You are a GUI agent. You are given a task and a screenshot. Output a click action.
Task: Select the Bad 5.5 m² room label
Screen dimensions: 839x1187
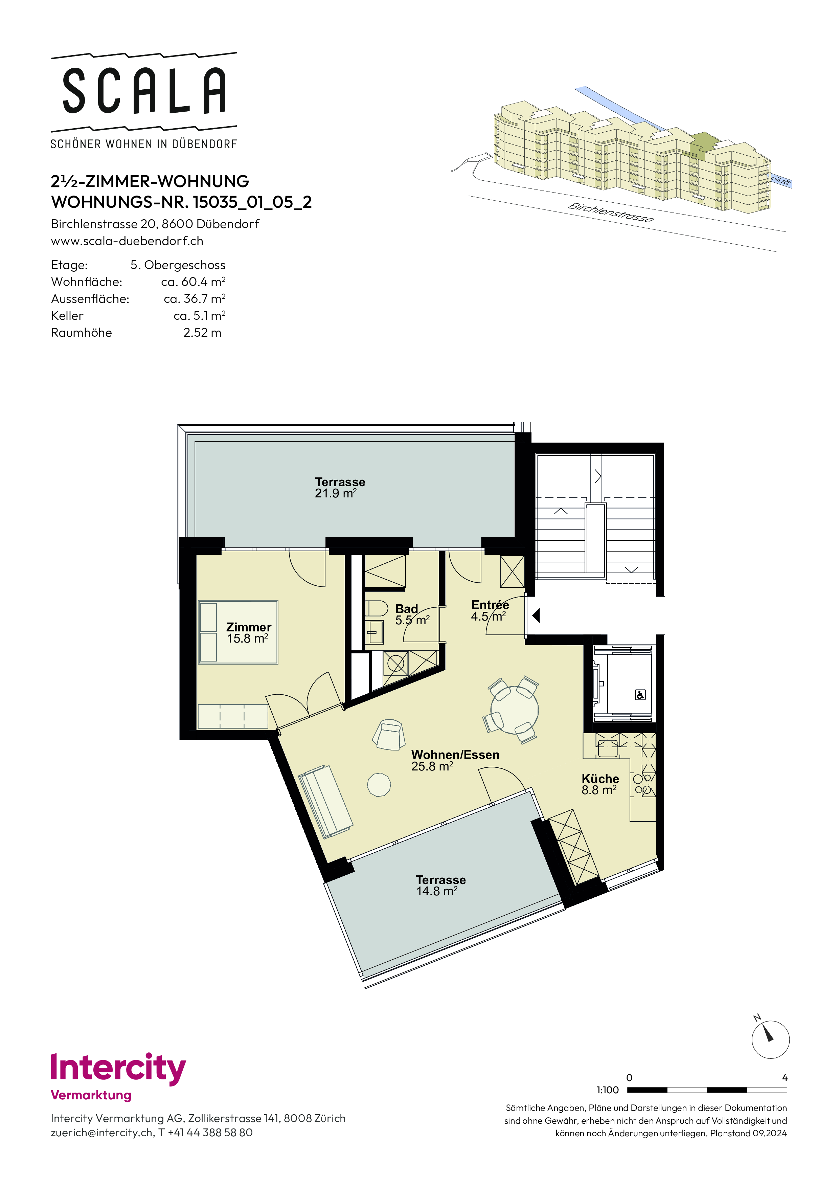412,615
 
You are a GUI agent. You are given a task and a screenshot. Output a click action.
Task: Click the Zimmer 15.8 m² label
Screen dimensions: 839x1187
249,633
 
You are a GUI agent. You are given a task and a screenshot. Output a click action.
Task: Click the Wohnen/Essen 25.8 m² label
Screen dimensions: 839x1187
455,761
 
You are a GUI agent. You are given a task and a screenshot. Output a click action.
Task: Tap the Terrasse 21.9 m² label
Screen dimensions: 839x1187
340,488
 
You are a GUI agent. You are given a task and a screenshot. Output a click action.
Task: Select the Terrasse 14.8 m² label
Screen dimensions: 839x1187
441,886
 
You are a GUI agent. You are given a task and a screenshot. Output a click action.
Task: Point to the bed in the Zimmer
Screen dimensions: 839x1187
238,632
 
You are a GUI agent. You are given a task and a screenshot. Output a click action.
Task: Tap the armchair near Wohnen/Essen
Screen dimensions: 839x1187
390,735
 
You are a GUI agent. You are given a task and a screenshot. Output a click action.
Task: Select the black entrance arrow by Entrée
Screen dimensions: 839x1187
537,615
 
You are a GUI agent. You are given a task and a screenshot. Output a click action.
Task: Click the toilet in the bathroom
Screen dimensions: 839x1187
376,608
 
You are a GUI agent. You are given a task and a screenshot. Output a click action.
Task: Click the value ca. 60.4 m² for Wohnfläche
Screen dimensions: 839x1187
193,282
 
